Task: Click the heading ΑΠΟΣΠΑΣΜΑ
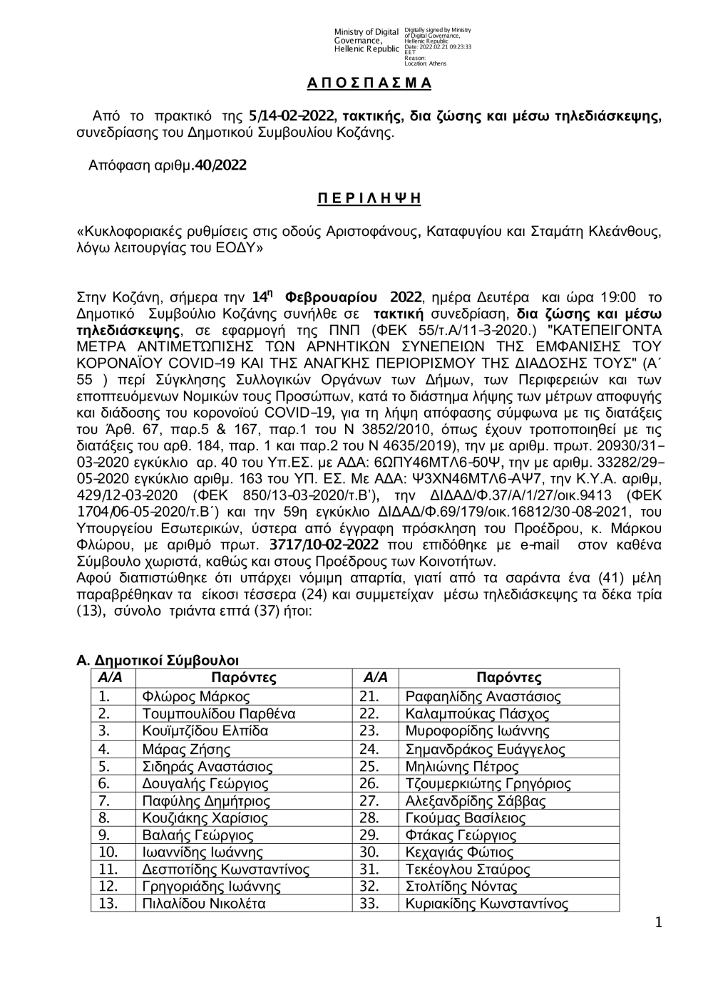click(x=369, y=83)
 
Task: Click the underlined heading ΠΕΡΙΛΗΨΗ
click(x=369, y=198)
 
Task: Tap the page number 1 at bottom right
click(x=659, y=923)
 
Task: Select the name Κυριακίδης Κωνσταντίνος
click(x=486, y=904)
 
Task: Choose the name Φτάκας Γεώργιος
click(x=461, y=835)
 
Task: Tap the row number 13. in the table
click(x=108, y=904)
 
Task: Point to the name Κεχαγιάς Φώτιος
click(x=459, y=852)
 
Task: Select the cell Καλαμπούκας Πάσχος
click(x=477, y=714)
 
